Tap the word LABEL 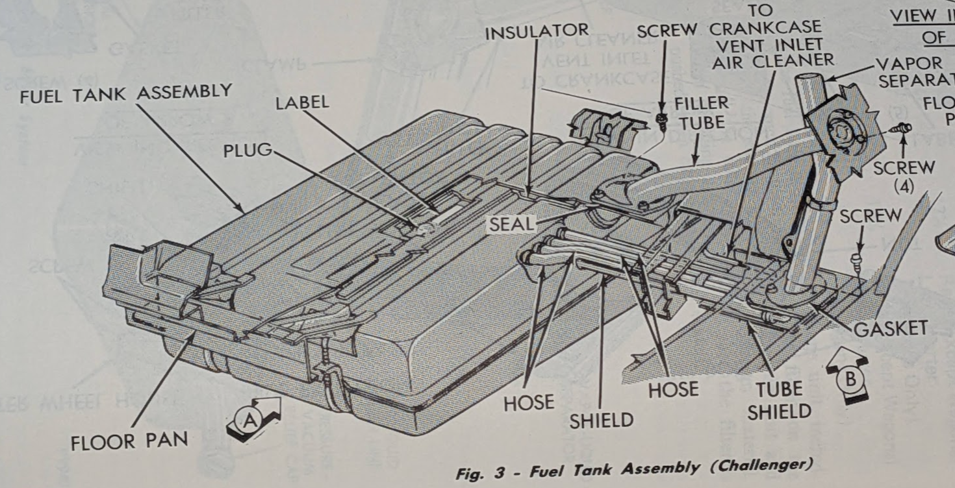coord(303,103)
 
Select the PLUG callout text coord(248,151)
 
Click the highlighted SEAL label coord(512,225)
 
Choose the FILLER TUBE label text coord(701,112)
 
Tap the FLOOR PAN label coord(129,441)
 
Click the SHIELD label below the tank coord(601,420)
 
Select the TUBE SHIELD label coord(779,400)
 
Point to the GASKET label coord(890,328)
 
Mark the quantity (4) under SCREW coord(903,187)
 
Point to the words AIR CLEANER coord(773,60)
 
